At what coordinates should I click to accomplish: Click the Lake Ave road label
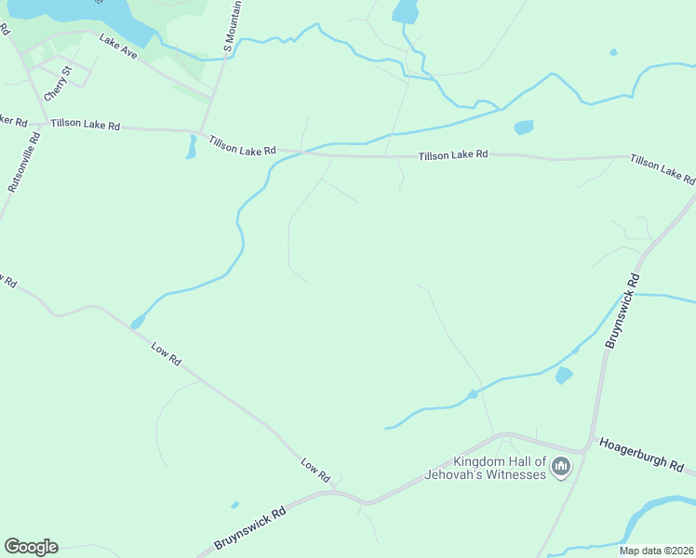[118, 47]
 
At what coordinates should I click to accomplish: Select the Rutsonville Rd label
[24, 163]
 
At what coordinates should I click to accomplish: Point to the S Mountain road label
[234, 25]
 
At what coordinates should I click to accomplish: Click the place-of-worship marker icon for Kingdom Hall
[560, 467]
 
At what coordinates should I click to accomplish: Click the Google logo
[31, 547]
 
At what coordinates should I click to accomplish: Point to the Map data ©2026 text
[657, 550]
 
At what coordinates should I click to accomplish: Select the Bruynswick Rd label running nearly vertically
[622, 311]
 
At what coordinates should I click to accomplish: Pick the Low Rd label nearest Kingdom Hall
[316, 470]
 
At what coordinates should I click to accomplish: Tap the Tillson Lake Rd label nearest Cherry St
[86, 125]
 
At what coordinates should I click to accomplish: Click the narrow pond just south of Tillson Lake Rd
[192, 146]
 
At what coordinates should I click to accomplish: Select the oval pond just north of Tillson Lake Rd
[524, 127]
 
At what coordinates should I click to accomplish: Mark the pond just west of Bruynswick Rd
[563, 375]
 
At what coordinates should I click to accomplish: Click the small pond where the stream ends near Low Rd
[138, 323]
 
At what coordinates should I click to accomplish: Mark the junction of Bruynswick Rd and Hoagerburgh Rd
[587, 447]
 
